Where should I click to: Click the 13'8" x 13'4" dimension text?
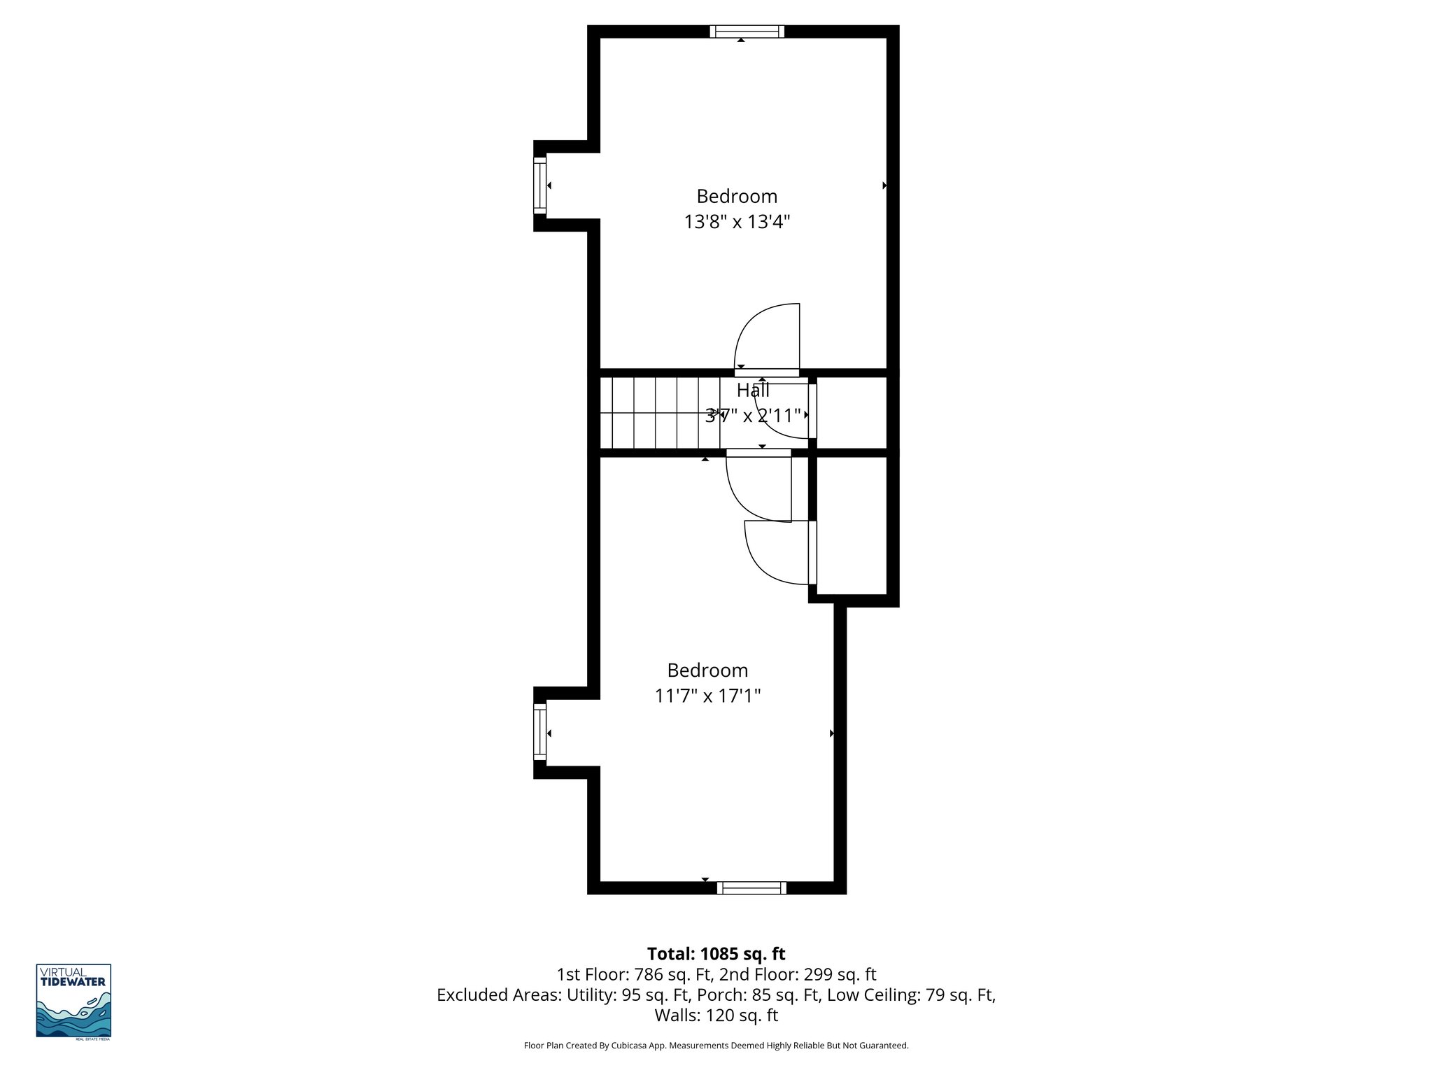click(737, 222)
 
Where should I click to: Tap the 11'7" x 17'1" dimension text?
click(707, 696)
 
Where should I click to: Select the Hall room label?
click(753, 391)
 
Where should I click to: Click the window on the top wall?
click(747, 31)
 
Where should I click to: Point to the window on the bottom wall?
click(751, 888)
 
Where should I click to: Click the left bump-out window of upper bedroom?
click(539, 185)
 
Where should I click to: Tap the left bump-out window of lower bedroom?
click(539, 732)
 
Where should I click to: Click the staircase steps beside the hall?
click(658, 413)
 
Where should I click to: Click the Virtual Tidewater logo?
click(73, 1001)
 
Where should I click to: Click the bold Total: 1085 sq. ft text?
click(716, 954)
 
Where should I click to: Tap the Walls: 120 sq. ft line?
click(716, 1015)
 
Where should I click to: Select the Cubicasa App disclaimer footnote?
click(716, 1046)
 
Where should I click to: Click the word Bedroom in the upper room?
click(737, 196)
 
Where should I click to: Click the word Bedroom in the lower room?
click(707, 670)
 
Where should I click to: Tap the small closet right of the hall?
click(852, 413)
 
